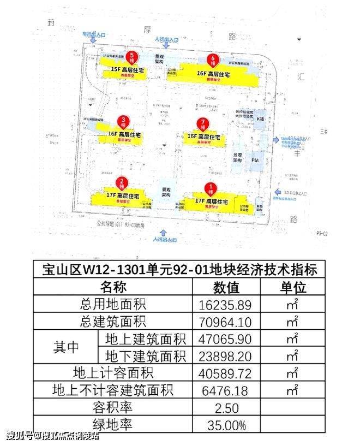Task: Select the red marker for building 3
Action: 125,122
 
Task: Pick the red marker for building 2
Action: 123,183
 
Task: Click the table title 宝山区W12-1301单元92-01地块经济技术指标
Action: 179,270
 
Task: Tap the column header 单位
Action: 293,287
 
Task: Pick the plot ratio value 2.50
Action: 226,407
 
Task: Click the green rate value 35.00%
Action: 226,424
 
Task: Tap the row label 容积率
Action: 113,407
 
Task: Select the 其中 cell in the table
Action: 66,347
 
